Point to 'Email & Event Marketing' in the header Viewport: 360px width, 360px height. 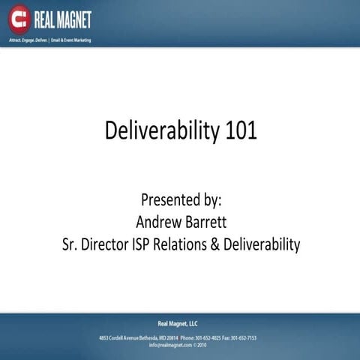click(x=70, y=39)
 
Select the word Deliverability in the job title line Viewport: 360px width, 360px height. click(x=266, y=244)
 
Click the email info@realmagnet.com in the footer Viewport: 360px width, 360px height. click(x=169, y=346)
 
